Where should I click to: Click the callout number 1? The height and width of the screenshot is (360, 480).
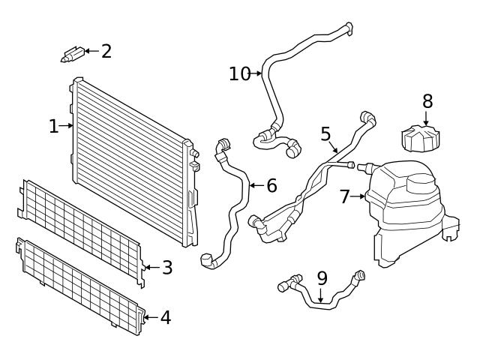click(x=53, y=126)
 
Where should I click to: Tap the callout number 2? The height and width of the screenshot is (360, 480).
click(x=106, y=51)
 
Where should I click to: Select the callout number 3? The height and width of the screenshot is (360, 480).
click(x=166, y=267)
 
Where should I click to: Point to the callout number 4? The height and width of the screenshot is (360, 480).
click(x=165, y=317)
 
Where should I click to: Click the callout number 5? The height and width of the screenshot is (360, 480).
click(x=325, y=133)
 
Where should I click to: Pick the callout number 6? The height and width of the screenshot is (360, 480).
click(x=271, y=185)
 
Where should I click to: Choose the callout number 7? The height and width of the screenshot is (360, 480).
click(x=345, y=196)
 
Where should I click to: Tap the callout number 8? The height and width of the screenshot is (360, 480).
click(x=427, y=100)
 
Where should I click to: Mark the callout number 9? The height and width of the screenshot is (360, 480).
click(x=322, y=278)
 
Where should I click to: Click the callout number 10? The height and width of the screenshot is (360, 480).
click(x=240, y=73)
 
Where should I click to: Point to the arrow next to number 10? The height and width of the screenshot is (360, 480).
click(x=257, y=73)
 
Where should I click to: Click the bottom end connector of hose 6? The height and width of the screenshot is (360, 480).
click(x=208, y=260)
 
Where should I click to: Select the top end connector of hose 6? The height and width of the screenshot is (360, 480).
click(x=222, y=145)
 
